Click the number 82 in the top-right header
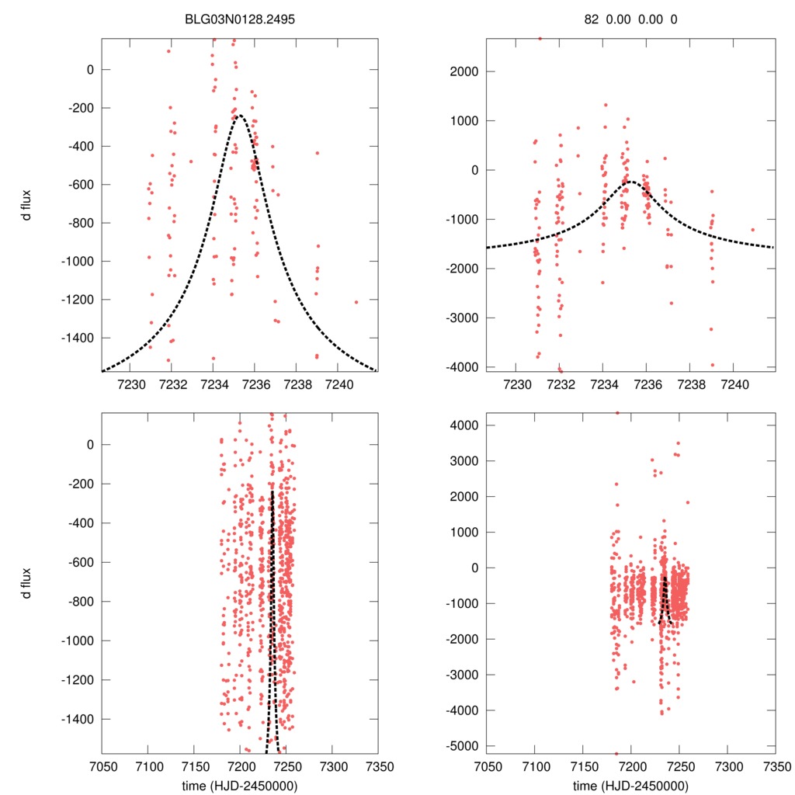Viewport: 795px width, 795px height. (x=592, y=19)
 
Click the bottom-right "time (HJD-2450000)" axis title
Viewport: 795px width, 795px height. (x=631, y=785)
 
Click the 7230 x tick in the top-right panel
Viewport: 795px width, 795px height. (x=517, y=384)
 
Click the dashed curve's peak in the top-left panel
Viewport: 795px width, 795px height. (x=239, y=116)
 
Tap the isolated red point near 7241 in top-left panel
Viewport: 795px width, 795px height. (x=356, y=302)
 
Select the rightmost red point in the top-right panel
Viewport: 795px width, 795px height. (x=752, y=229)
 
